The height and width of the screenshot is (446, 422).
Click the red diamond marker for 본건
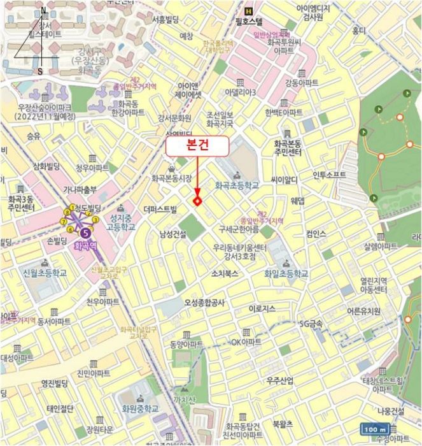[x=197, y=201]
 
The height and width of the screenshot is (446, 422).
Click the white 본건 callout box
[x=197, y=147]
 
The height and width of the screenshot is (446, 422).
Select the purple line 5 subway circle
[x=85, y=224]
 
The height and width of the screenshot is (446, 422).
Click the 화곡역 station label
[x=85, y=244]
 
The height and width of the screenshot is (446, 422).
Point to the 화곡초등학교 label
[x=237, y=185]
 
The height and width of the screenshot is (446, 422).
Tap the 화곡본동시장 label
[x=171, y=179]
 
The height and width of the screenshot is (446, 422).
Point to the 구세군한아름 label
[x=239, y=229]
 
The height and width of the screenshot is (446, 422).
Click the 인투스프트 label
[x=329, y=174]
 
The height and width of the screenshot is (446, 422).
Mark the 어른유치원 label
[x=363, y=312]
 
